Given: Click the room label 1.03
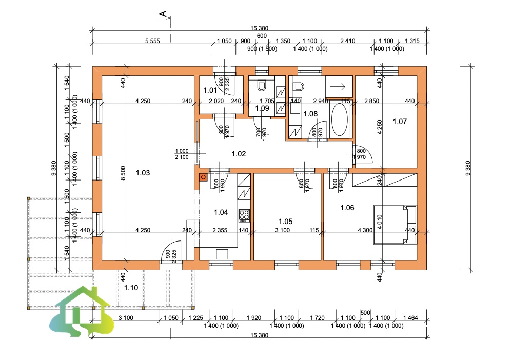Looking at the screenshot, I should click(x=143, y=173).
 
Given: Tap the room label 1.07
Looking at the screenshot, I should click(x=399, y=122).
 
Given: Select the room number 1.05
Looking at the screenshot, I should click(x=285, y=221).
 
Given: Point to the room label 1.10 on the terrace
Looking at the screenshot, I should click(x=131, y=288).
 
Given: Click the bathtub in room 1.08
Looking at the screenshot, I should click(x=339, y=121).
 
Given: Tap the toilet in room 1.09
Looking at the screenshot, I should click(x=262, y=85).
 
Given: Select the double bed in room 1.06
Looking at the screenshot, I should click(x=396, y=220).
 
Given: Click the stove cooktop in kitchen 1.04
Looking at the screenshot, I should click(x=244, y=214).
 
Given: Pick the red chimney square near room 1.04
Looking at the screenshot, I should click(x=203, y=177).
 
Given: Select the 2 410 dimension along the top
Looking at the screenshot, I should click(x=348, y=41).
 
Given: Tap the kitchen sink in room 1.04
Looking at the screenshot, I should click(x=223, y=254).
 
